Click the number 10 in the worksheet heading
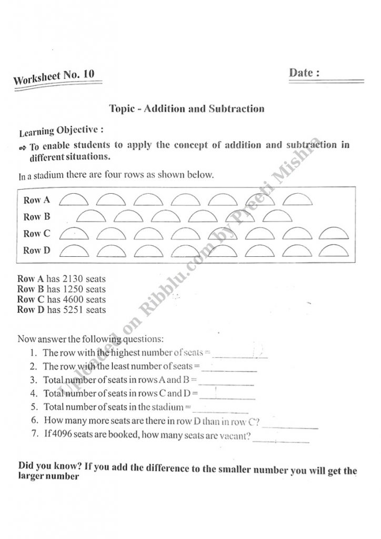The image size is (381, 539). click(88, 74)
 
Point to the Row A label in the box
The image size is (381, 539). click(37, 200)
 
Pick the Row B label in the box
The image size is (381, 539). click(37, 216)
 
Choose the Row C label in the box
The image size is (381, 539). click(37, 233)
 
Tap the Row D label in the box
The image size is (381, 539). click(37, 250)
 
